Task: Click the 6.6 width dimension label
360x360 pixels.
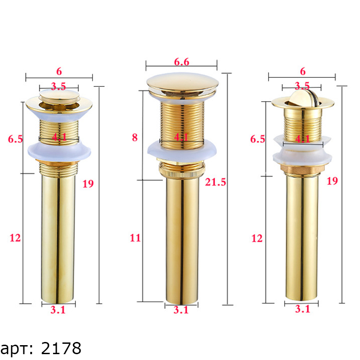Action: click(x=182, y=62)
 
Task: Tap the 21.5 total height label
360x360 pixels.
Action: click(x=216, y=182)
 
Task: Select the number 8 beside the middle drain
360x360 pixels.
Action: click(x=135, y=138)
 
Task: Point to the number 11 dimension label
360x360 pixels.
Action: click(x=135, y=238)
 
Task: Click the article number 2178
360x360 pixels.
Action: click(x=61, y=348)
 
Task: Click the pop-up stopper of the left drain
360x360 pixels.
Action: click(x=59, y=96)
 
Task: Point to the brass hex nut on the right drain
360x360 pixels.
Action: click(x=302, y=168)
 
